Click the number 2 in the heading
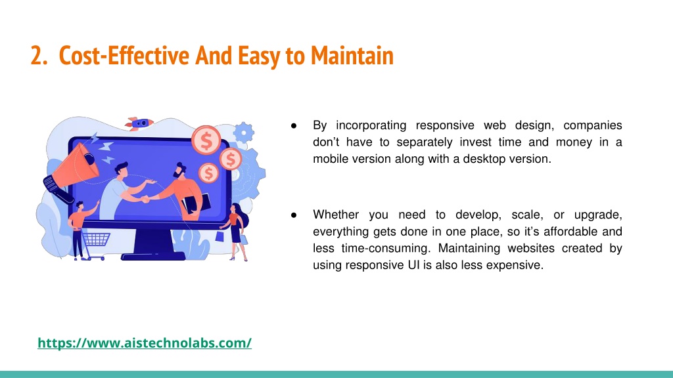tap(37, 56)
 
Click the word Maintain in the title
tap(352, 56)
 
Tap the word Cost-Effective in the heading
tap(124, 56)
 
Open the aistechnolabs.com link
tap(145, 343)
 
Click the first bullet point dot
tap(294, 125)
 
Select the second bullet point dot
tap(294, 215)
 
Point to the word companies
tap(593, 125)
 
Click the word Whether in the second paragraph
tap(336, 215)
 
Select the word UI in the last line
tap(414, 265)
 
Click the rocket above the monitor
tap(139, 124)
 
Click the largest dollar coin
tap(206, 140)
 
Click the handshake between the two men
tap(145, 199)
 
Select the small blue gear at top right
tap(244, 133)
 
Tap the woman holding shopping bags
tap(235, 232)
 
